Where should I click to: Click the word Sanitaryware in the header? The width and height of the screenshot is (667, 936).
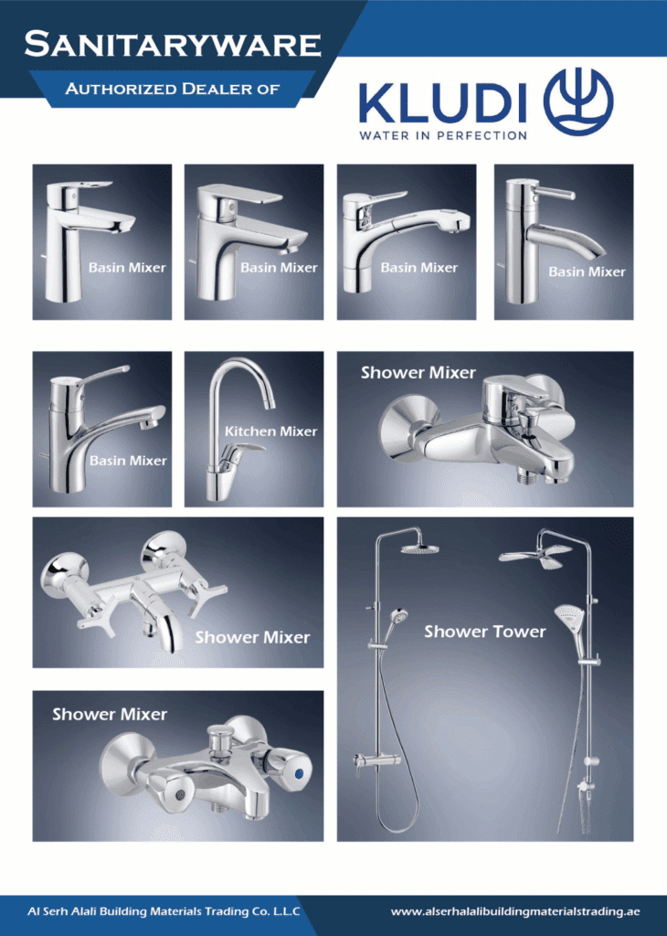(173, 45)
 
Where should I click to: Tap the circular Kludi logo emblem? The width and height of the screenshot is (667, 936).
(578, 102)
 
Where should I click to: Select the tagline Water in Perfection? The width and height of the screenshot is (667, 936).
(442, 135)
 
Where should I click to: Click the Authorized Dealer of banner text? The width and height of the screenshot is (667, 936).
(173, 89)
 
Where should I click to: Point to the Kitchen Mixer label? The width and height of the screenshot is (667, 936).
(270, 431)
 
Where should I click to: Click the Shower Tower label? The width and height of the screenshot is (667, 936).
(484, 632)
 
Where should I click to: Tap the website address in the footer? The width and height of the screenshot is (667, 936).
(515, 911)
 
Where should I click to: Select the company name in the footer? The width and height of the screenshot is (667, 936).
(164, 911)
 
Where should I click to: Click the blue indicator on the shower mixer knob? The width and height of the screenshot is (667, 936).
(300, 775)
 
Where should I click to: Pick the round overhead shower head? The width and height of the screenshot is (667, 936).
(416, 548)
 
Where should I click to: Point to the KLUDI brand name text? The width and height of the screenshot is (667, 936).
(442, 102)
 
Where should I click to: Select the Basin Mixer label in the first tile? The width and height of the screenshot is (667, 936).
(127, 268)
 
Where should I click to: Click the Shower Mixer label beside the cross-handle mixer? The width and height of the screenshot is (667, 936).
(252, 637)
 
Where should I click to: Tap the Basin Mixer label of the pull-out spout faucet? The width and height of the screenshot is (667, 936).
(418, 268)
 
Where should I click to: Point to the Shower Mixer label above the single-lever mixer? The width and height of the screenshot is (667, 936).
(418, 373)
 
